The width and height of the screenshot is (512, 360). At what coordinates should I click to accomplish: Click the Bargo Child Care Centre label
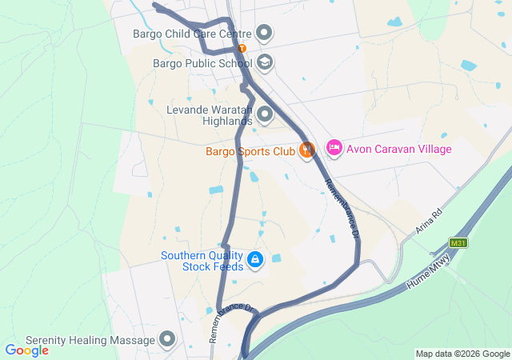[x=192, y=34]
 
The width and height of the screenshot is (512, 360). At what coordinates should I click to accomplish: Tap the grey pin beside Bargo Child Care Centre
[x=265, y=34]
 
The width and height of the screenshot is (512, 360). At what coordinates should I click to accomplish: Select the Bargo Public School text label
[x=203, y=62]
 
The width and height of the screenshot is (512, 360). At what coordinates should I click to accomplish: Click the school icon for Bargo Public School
[x=265, y=62]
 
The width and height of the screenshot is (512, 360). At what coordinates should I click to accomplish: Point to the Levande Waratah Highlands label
[x=209, y=114]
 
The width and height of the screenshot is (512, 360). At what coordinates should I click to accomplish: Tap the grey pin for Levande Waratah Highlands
[x=265, y=114]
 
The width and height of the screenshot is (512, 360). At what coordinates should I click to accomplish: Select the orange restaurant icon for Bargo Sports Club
[x=306, y=150]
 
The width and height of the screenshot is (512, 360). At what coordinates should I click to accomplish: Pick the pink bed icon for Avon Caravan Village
[x=334, y=148]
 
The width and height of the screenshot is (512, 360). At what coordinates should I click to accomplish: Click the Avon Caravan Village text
[x=399, y=149]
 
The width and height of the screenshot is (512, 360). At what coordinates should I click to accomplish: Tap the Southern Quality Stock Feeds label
[x=202, y=261]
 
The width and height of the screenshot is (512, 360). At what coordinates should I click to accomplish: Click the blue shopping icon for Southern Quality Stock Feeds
[x=255, y=259]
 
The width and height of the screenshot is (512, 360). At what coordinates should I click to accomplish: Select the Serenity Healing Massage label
[x=90, y=340]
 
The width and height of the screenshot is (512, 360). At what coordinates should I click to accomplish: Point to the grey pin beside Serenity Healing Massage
[x=167, y=340]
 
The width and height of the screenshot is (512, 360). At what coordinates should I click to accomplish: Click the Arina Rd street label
[x=429, y=222]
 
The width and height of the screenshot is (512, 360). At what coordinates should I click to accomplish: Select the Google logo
[x=26, y=350]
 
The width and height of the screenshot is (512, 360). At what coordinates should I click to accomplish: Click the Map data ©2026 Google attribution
[x=462, y=354]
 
